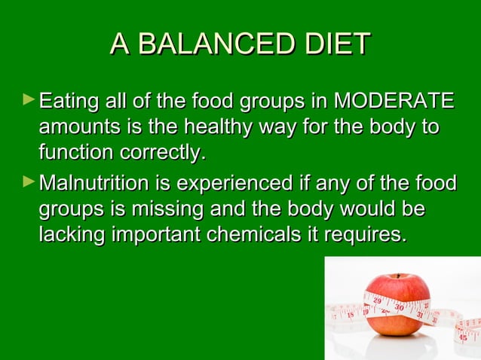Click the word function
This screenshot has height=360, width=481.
click(x=72, y=152)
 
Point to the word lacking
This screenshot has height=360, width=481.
click(x=72, y=234)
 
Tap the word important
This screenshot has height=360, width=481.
click(x=157, y=234)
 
